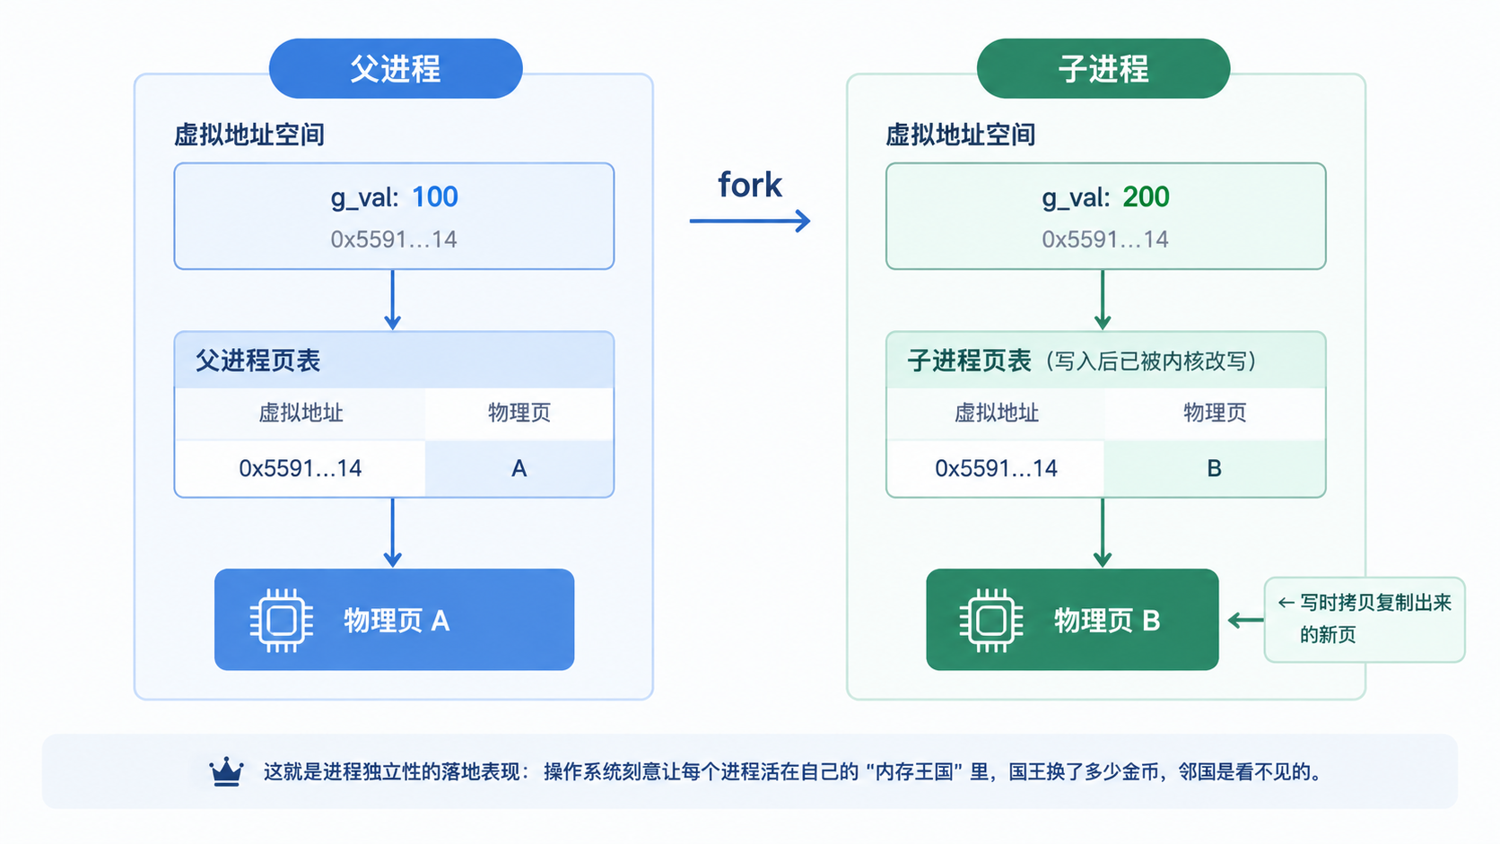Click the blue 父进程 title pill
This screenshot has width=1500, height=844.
click(x=395, y=68)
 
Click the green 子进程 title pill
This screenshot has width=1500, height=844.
click(x=1103, y=68)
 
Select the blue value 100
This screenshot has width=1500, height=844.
click(x=434, y=196)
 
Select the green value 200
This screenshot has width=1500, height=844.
click(x=1146, y=196)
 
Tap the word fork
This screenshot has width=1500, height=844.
click(x=749, y=185)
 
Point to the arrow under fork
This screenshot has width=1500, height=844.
click(x=750, y=221)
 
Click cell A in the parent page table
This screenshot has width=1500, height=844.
click(x=519, y=468)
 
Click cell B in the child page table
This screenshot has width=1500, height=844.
click(x=1214, y=468)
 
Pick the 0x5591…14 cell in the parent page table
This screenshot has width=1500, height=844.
click(x=300, y=468)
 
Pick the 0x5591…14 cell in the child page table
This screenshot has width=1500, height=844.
click(x=996, y=468)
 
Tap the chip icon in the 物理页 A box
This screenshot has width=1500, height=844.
click(x=282, y=621)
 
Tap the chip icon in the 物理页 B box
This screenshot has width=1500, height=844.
click(x=991, y=621)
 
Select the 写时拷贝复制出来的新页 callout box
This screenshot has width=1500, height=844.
click(x=1364, y=620)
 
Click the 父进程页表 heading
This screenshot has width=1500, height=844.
click(x=257, y=361)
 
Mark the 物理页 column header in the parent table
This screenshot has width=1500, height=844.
click(x=519, y=413)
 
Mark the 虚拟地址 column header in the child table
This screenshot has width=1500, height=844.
click(x=996, y=413)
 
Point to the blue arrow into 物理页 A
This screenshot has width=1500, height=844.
click(x=392, y=532)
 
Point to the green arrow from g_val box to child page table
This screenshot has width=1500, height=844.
click(x=1103, y=300)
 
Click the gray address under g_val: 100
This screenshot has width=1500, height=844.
click(x=394, y=239)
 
